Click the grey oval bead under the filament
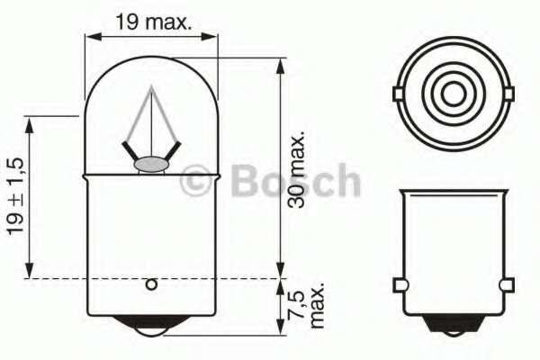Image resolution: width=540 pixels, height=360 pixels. tap(151, 164)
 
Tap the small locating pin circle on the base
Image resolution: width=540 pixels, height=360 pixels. tap(151, 285)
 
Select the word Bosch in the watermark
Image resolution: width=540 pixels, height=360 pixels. tap(296, 182)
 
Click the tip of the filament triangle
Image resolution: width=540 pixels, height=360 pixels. tap(152, 90)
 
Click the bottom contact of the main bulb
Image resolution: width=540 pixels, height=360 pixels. tap(151, 329)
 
